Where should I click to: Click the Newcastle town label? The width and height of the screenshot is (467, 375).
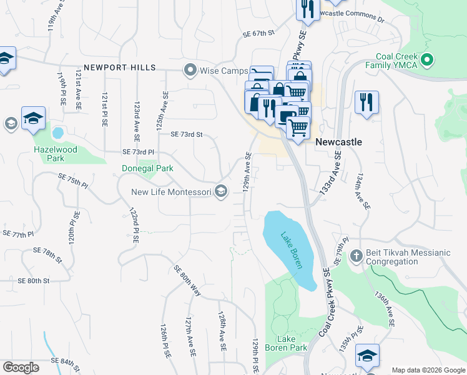(x=338, y=142)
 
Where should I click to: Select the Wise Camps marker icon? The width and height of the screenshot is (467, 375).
(x=189, y=70)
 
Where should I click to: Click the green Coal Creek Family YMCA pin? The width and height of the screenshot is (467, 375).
(x=427, y=61)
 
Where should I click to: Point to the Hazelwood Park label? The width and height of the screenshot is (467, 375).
(x=56, y=154)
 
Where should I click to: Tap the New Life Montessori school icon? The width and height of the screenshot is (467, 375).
(x=220, y=192)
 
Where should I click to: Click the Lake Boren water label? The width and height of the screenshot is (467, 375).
(x=291, y=251)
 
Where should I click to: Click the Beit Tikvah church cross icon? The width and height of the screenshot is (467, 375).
(x=356, y=255)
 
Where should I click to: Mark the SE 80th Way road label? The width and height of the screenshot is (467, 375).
(x=187, y=281)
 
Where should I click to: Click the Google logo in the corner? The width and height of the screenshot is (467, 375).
(x=21, y=367)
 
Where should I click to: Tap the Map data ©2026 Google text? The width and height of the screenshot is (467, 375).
(x=428, y=370)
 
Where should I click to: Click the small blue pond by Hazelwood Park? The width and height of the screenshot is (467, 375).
(x=58, y=133)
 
